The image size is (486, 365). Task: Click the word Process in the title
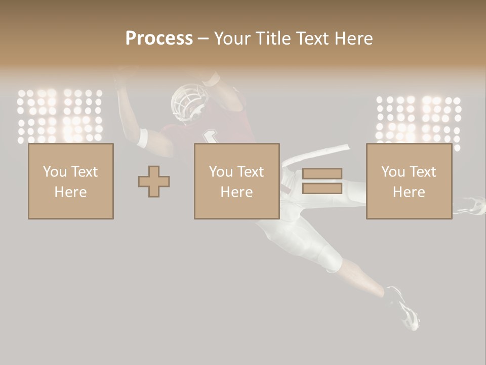point(159,39)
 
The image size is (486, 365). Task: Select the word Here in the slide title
point(352,39)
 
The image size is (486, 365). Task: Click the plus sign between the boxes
point(154,181)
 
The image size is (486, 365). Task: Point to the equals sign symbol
point(322,181)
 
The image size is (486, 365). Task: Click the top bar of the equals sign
point(322,174)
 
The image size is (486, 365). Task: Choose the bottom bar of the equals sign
point(322,189)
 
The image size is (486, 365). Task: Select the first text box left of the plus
point(70,181)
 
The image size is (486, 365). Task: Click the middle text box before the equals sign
point(236,181)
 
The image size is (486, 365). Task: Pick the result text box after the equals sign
point(409,181)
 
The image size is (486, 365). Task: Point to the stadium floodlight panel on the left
point(60,117)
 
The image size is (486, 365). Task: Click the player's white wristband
point(142,138)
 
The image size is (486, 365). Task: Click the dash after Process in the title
point(204,39)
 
